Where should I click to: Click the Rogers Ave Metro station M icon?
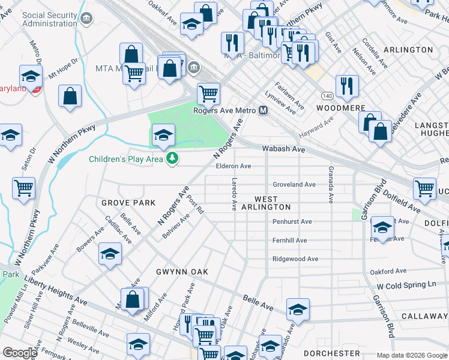(x=263, y=110)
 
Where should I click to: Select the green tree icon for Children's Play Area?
(x=173, y=159)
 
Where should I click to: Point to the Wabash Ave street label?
(x=283, y=149)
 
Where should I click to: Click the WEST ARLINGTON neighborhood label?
(x=266, y=203)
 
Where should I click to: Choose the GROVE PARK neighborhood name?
(x=128, y=203)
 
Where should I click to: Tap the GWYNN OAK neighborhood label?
(x=182, y=272)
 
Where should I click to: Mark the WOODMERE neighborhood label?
(x=340, y=108)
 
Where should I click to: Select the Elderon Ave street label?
(x=234, y=166)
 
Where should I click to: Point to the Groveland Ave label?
(x=294, y=185)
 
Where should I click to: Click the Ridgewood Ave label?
(x=295, y=259)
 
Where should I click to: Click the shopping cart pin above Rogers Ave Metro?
(x=208, y=93)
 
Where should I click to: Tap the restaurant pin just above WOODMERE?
(x=346, y=85)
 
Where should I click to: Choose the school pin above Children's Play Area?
(x=163, y=134)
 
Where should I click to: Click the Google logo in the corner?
(x=19, y=353)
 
